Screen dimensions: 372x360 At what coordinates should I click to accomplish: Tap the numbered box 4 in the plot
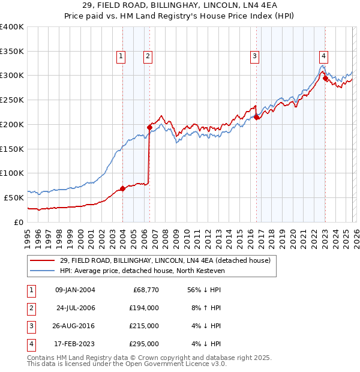pos(323,56)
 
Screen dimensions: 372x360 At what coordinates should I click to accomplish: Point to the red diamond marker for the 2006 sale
pos(149,127)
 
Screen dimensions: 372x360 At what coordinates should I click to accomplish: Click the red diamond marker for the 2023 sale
pos(325,77)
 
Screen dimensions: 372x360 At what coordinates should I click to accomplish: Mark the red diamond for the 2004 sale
pos(122,188)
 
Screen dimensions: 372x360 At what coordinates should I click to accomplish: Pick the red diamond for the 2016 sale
pos(256,117)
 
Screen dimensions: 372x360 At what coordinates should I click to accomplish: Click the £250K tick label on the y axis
pos(12,100)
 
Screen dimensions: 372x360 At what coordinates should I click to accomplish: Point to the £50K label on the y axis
pos(14,197)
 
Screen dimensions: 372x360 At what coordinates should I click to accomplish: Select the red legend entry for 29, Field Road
pos(165,260)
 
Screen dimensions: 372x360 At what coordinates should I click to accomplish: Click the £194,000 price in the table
pos(143,308)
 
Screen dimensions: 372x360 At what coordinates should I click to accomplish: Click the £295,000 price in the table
pos(143,344)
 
